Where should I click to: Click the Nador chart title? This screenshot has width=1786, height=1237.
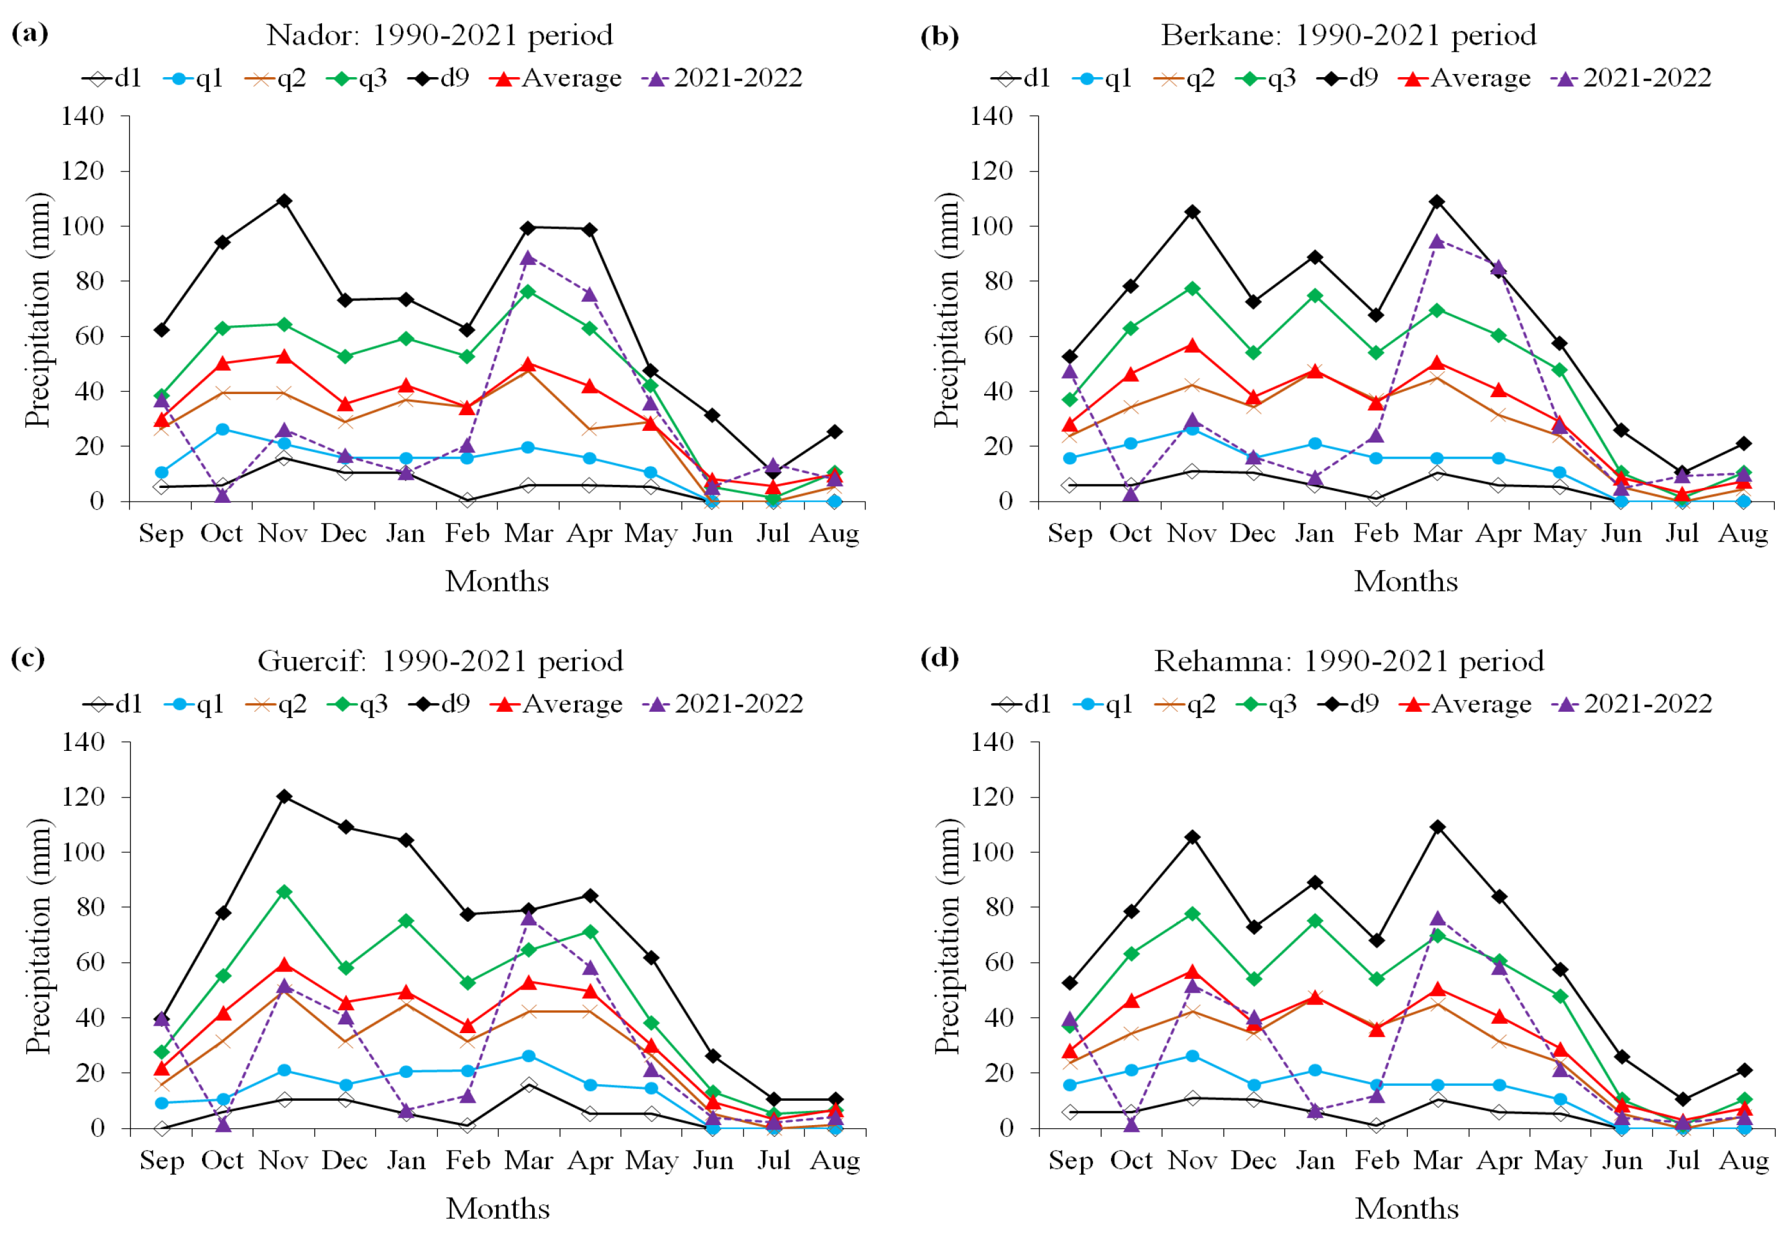click(x=440, y=35)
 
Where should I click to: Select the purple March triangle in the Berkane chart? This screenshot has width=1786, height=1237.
click(x=1437, y=241)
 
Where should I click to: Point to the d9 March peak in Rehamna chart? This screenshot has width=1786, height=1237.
click(x=1437, y=827)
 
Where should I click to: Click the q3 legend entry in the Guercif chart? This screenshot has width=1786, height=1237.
click(x=357, y=704)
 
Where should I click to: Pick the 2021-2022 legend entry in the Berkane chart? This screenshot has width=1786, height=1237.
click(x=1631, y=78)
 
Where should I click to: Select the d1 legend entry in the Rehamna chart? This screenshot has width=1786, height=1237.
click(x=1021, y=704)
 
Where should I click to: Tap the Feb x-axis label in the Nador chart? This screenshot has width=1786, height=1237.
click(x=467, y=533)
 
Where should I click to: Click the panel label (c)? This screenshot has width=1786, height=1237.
click(x=29, y=658)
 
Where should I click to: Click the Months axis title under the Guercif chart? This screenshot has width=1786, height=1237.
click(x=498, y=1208)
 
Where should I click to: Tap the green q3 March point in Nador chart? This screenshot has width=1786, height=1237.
click(x=528, y=292)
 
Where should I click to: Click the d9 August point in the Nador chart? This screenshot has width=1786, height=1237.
click(x=834, y=432)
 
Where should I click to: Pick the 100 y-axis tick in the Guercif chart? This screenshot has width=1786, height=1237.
click(x=83, y=852)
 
